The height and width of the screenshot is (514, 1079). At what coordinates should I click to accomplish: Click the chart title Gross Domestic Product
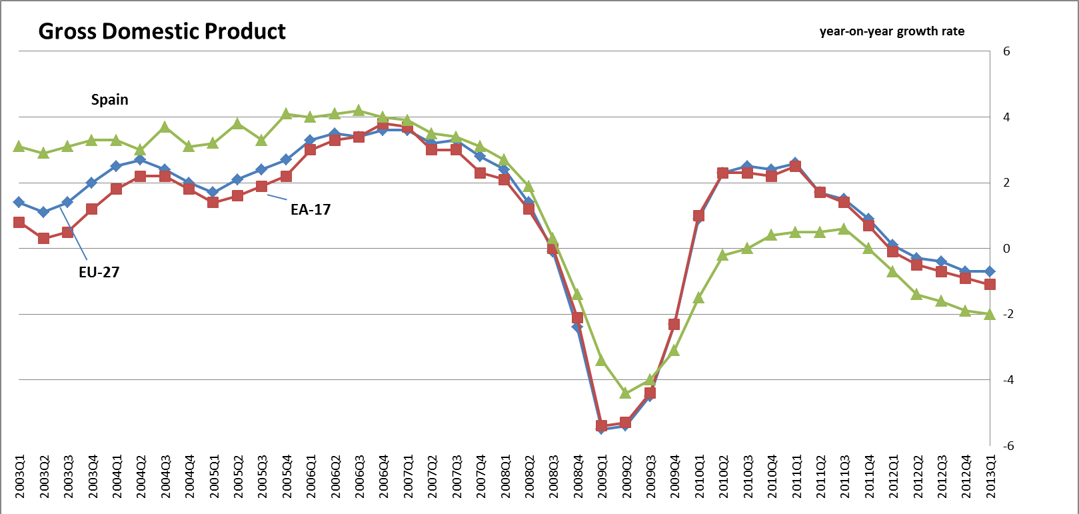click(x=162, y=31)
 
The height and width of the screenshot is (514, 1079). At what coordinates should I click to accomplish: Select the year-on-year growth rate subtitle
click(x=892, y=31)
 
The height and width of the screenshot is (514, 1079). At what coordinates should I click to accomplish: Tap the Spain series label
click(x=110, y=99)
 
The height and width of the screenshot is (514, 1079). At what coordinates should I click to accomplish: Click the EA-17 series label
click(x=311, y=209)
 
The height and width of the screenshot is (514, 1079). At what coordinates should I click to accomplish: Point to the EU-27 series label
click(x=99, y=271)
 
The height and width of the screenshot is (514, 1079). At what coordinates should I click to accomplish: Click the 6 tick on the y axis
click(x=1006, y=51)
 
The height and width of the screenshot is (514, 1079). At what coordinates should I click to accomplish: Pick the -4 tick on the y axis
click(x=1008, y=380)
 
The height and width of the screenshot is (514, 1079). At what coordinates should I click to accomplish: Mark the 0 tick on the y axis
click(x=1006, y=249)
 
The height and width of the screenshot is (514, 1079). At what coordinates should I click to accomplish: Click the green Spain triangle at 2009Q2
click(x=625, y=393)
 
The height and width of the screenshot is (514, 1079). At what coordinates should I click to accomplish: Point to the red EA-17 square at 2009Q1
click(x=601, y=426)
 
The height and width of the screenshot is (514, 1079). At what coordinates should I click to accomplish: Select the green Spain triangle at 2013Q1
click(x=990, y=314)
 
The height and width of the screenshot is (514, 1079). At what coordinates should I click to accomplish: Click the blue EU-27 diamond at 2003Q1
click(x=19, y=202)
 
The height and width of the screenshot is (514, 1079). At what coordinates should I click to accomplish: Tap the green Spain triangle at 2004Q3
click(x=165, y=127)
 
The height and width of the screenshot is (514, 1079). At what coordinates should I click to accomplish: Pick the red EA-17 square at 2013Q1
click(x=990, y=285)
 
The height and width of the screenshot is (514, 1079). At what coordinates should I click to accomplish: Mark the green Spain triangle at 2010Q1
click(x=698, y=297)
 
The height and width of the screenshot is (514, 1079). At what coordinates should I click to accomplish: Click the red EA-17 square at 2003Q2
click(x=43, y=239)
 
